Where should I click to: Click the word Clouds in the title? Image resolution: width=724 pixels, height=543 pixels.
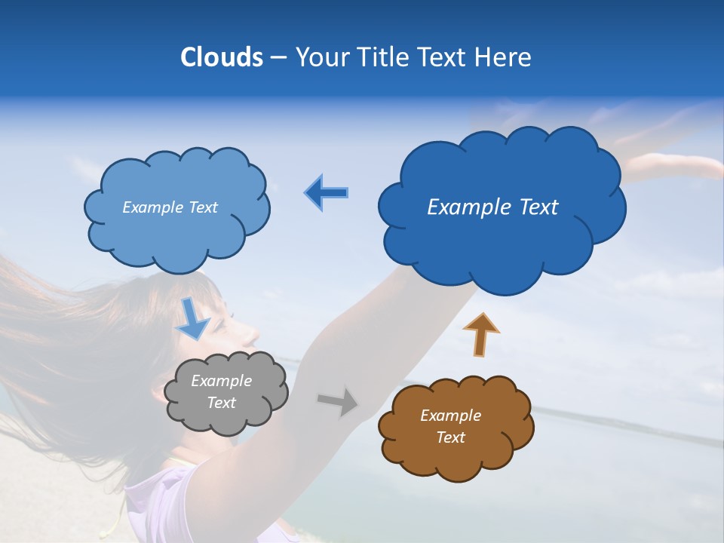222,57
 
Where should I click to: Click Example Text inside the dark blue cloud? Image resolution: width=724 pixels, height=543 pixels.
492,207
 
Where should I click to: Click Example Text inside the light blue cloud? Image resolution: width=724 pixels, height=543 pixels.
170,207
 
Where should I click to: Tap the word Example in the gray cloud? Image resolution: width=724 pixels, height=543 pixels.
221,381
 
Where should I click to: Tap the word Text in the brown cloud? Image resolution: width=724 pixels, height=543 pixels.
450,437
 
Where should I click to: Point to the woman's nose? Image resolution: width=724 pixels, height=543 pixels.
253,332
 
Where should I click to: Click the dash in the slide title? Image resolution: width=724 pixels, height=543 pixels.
278,58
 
